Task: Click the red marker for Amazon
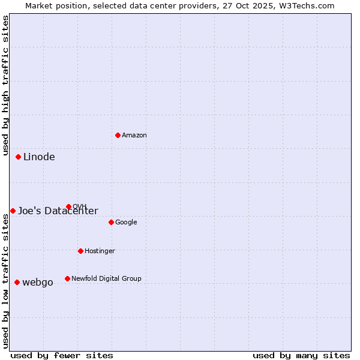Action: pos(118,135)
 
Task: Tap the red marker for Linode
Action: pos(19,157)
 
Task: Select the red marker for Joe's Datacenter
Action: pos(13,211)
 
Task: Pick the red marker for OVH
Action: pos(68,206)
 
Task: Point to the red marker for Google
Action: pos(111,222)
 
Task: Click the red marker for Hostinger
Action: pos(80,251)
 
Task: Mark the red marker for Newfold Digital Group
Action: pos(67,278)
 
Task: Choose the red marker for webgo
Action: pos(17,282)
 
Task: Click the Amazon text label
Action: pos(134,136)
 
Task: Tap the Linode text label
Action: pos(39,157)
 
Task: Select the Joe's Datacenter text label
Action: pos(58,211)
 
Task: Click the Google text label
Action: pos(126,223)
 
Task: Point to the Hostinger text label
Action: pos(100,251)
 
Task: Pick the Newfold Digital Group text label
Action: pos(106,279)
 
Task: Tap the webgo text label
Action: pos(38,283)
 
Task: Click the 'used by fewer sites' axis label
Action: pos(62,355)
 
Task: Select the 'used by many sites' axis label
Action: pos(301,355)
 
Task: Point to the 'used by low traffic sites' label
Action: pos(5,281)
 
